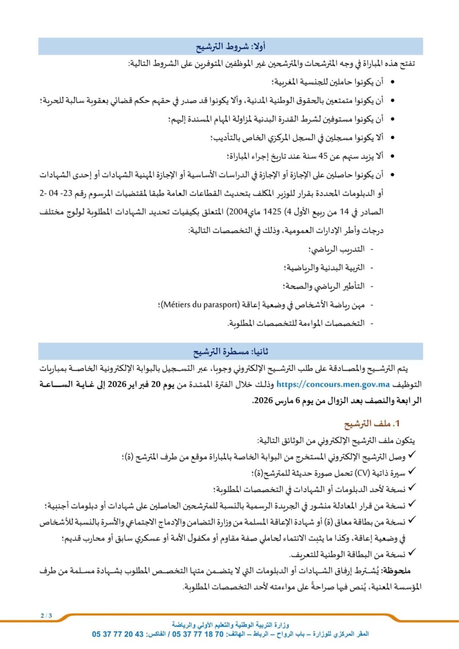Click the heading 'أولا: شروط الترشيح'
pos(230,46)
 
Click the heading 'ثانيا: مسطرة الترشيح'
pos(230,352)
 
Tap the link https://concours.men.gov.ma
pos(333,384)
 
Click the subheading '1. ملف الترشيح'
pos(372,423)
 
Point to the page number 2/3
pos(46,616)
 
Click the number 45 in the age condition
pos(323,156)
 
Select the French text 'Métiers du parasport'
pos(201,305)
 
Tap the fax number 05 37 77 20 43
pos(117,634)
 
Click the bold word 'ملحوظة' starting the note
pos(396,571)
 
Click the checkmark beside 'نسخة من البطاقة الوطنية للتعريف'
pos(412,552)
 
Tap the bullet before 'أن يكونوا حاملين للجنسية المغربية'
pos(393,82)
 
